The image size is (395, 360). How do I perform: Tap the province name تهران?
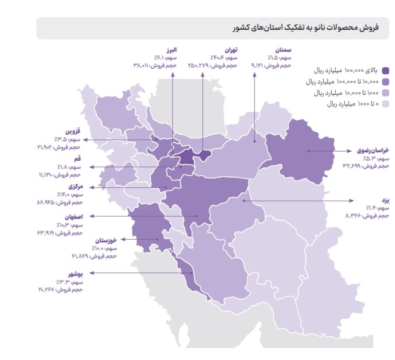(231, 51)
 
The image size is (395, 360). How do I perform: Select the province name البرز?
(171, 51)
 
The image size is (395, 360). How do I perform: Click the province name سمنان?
(284, 51)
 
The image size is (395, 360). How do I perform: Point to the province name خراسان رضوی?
(372, 151)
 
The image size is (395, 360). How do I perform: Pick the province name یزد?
(385, 200)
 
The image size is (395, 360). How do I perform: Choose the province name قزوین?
(73, 131)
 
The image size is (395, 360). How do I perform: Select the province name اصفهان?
(73, 216)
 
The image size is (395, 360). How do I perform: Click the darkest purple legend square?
(386, 71)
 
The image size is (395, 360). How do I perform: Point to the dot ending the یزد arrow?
(244, 200)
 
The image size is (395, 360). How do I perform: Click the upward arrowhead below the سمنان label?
(255, 75)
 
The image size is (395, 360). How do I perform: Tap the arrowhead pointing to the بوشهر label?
(91, 273)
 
